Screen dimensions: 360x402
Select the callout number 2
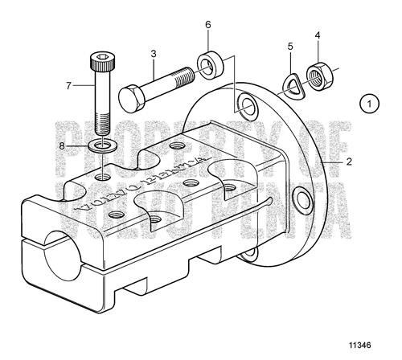pyautogui.click(x=350, y=161)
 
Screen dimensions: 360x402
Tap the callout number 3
pyautogui.click(x=152, y=55)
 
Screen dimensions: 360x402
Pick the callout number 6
pyautogui.click(x=207, y=26)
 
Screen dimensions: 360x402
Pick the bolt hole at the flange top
pyautogui.click(x=242, y=107)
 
